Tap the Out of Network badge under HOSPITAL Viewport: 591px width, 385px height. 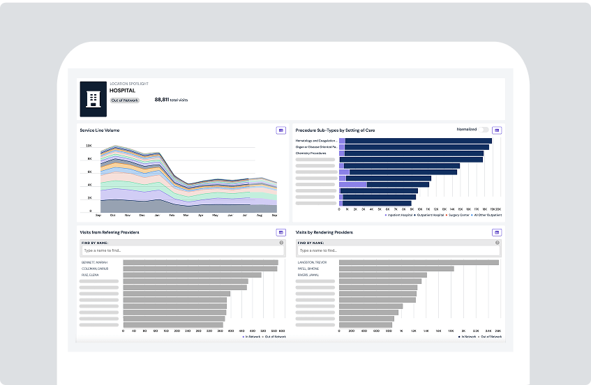tap(125, 100)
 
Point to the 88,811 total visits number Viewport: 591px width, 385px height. tap(163, 100)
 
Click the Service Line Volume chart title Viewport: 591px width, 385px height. tap(100, 130)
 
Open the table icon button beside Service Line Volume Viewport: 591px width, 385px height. tap(280, 130)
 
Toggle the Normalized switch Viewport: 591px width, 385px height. tap(484, 130)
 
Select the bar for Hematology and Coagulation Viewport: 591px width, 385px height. tap(419, 141)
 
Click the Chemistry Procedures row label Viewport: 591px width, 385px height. tap(311, 153)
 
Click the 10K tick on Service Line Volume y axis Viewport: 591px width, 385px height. tap(89, 146)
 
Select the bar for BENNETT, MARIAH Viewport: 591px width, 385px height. tap(200, 263)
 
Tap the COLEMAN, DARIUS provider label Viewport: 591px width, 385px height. tap(96, 269)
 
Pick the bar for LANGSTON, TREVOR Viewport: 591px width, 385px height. tap(419, 263)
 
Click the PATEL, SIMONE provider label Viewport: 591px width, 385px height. tap(308, 269)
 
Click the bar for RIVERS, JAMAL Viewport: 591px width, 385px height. tap(382, 275)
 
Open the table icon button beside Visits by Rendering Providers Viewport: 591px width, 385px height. tap(497, 232)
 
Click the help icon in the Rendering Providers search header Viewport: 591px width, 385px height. tap(498, 243)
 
